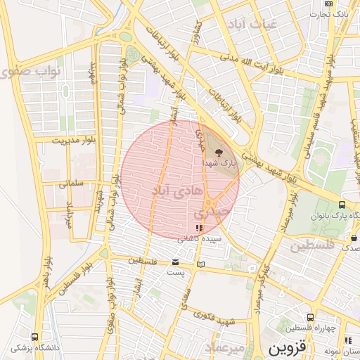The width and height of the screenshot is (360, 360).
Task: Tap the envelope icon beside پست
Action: [x=175, y=262]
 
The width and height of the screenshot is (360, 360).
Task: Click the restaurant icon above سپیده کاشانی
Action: [x=198, y=228]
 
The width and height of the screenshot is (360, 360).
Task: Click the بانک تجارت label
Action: [x=330, y=14]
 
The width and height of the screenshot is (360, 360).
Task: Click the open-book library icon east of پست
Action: [x=202, y=264]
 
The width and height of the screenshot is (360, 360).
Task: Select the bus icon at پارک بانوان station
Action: [x=342, y=205]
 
